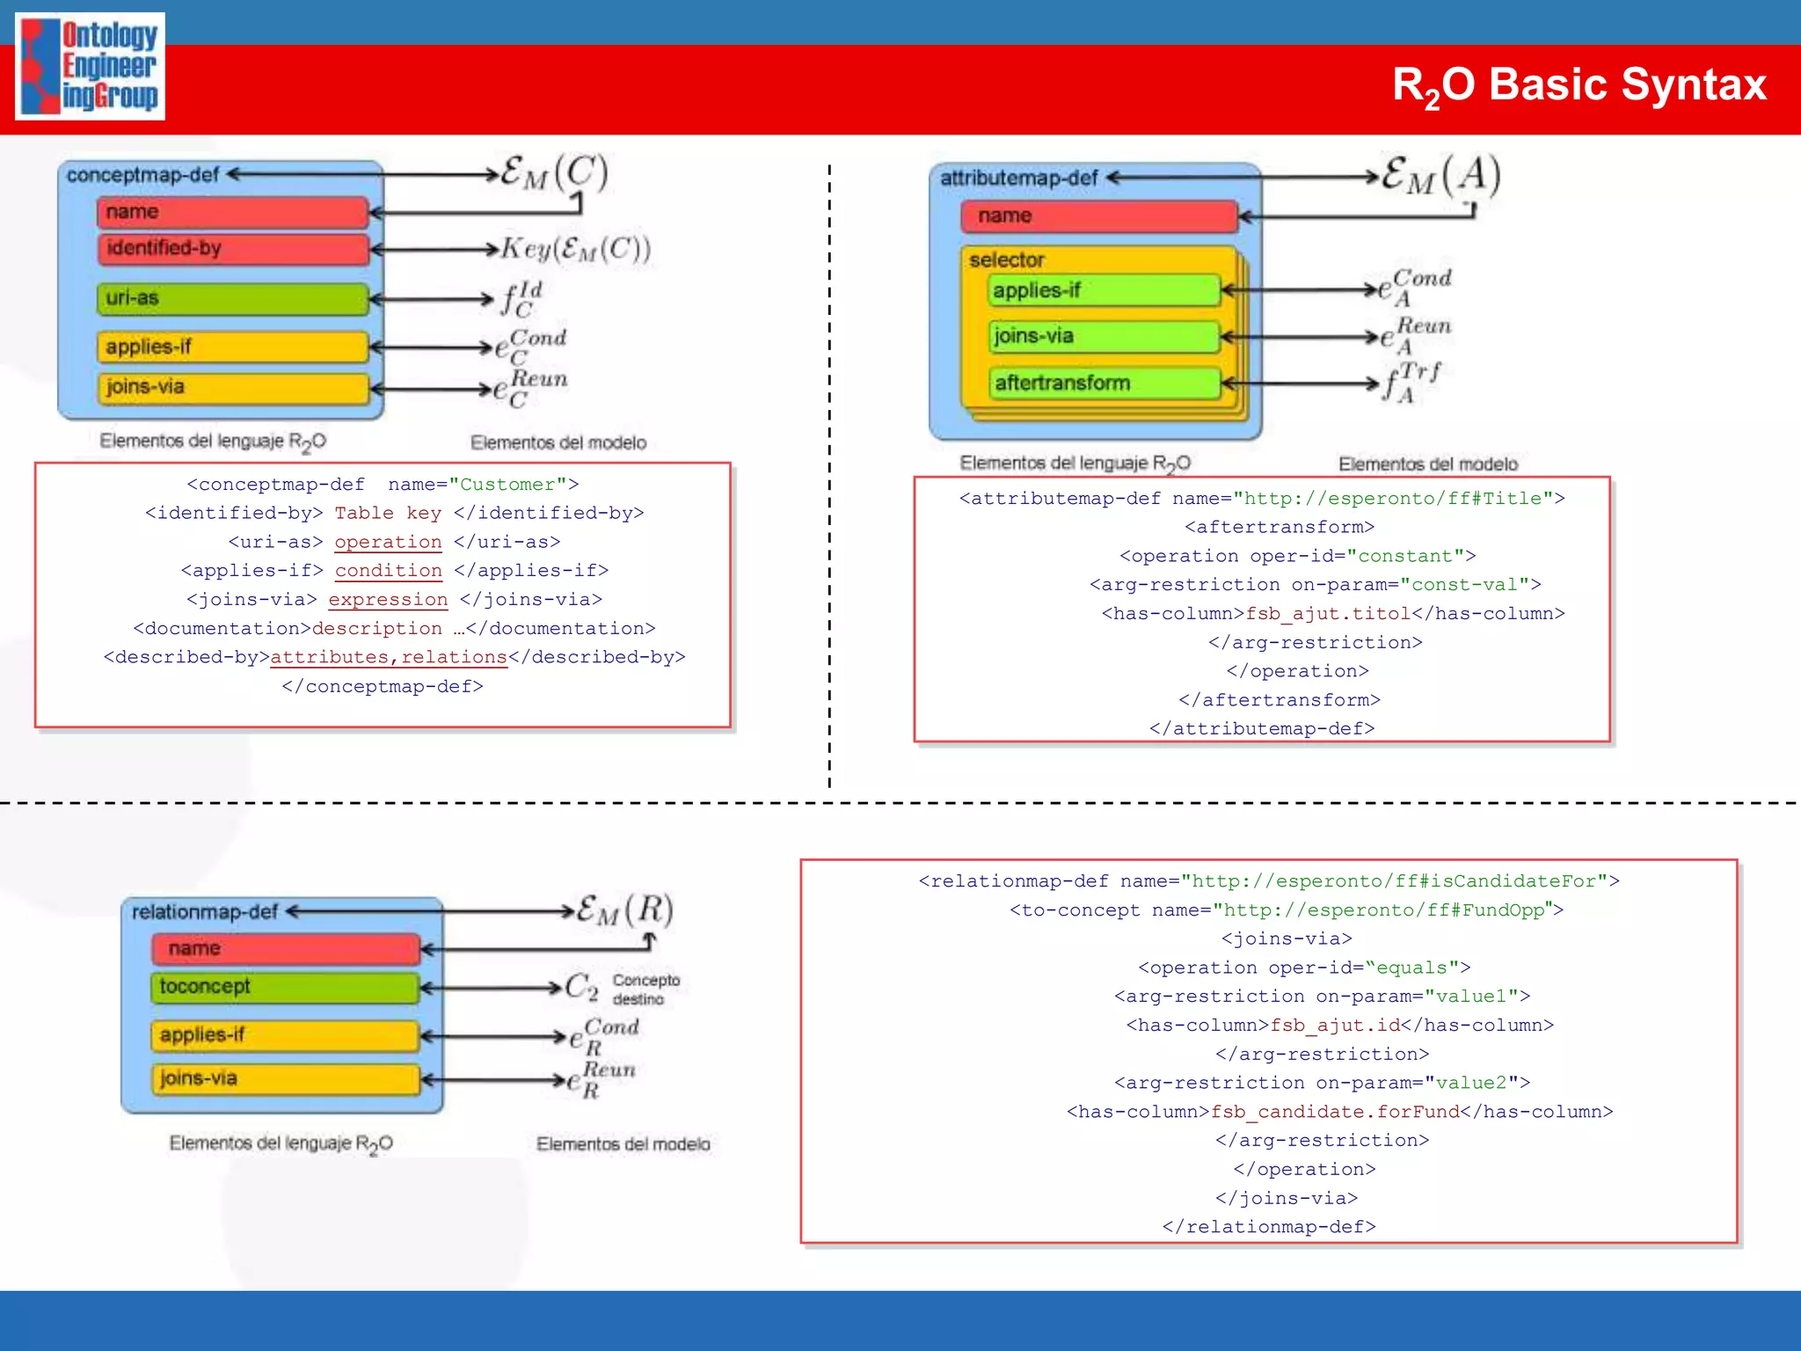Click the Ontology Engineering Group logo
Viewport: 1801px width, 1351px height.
90,66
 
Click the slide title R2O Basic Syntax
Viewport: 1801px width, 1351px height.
1579,86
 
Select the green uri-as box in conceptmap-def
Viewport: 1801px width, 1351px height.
232,299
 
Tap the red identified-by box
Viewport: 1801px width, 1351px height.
232,249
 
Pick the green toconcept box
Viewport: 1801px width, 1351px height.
284,988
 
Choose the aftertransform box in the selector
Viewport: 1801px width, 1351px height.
1104,383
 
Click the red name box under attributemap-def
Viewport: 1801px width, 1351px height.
1098,216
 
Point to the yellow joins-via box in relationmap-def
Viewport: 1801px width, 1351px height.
284,1079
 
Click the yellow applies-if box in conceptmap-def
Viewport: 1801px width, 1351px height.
232,347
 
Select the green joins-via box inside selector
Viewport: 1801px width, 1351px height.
1104,337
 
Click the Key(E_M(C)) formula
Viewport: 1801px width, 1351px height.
576,250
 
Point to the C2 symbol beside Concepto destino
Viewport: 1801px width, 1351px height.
580,987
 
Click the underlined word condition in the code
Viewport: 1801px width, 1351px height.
388,571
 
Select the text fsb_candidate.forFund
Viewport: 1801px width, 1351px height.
1335,1112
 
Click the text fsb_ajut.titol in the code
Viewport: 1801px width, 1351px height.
1328,614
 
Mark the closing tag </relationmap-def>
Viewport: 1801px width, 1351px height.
1268,1227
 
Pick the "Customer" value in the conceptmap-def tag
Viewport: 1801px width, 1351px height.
507,485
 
